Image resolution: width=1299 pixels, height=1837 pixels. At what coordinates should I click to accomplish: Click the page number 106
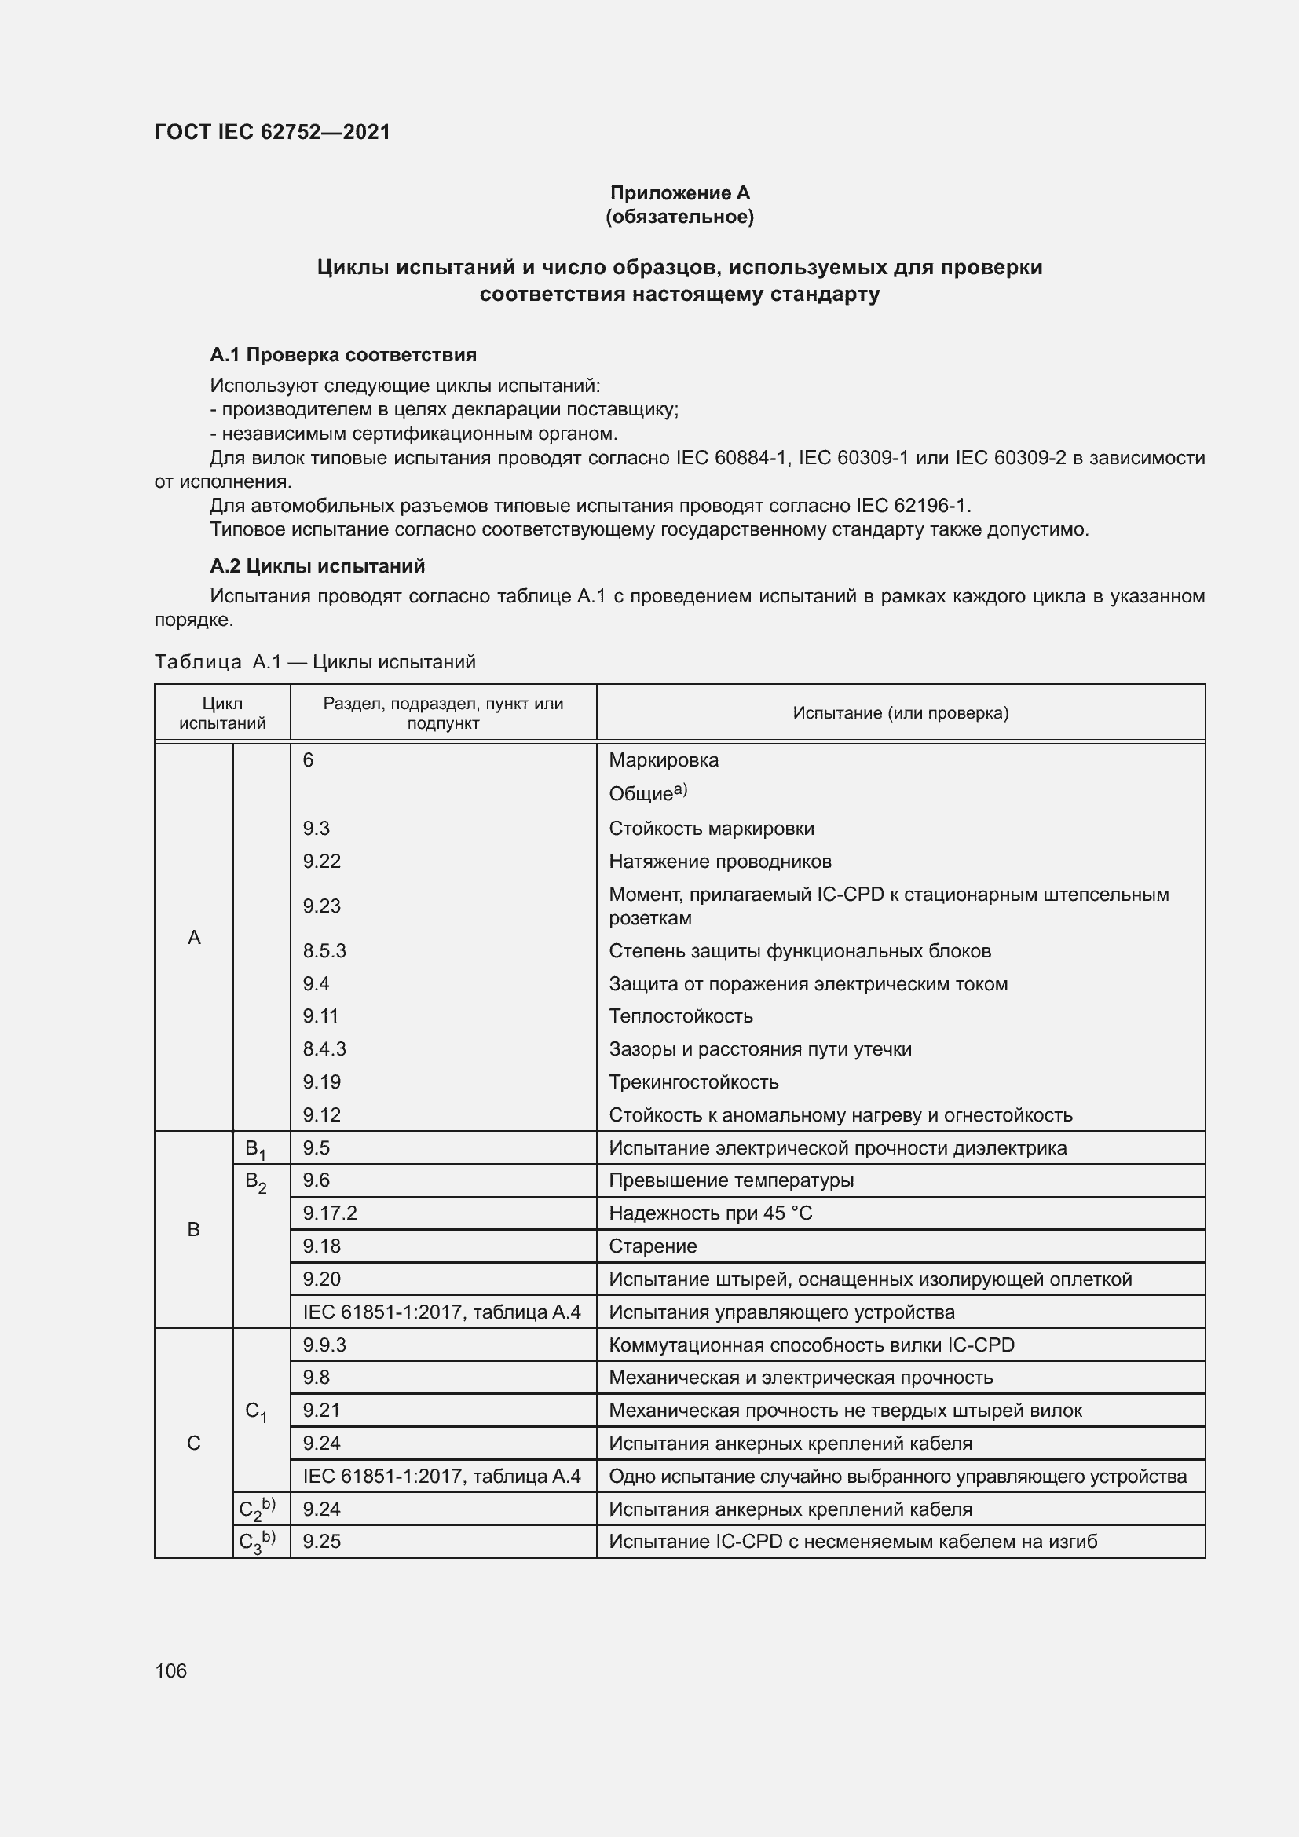click(x=170, y=1670)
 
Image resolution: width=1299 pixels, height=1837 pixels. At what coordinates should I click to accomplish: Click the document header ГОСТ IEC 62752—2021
click(x=272, y=132)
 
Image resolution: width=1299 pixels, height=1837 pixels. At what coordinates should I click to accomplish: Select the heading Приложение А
click(x=679, y=193)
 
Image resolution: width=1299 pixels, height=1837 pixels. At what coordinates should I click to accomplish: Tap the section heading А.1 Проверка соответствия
click(x=343, y=354)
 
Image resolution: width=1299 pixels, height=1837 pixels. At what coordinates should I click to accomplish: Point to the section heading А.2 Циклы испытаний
click(x=317, y=565)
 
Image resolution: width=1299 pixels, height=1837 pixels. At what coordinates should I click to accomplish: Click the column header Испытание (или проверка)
click(x=900, y=713)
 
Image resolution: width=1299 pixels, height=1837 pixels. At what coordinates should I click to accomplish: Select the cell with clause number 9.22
click(x=321, y=861)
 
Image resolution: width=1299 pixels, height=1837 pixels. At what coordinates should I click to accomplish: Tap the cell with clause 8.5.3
click(x=324, y=950)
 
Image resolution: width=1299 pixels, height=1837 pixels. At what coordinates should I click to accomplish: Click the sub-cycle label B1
click(x=256, y=1150)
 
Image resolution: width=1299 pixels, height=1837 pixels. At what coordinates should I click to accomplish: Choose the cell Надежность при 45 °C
click(x=709, y=1213)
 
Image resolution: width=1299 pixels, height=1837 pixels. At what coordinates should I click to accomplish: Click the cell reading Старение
click(x=653, y=1246)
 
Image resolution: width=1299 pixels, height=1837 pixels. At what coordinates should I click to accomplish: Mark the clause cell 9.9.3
click(x=324, y=1344)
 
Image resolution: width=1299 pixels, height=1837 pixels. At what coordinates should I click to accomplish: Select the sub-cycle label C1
click(x=256, y=1411)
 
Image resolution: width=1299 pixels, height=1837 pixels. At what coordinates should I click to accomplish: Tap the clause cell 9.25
click(x=321, y=1541)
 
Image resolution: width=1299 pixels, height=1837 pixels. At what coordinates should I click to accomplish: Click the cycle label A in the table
click(x=193, y=937)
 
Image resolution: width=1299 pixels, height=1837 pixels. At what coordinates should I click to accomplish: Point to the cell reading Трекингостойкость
click(x=693, y=1081)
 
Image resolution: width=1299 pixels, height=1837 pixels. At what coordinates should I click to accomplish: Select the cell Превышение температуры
click(x=731, y=1180)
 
